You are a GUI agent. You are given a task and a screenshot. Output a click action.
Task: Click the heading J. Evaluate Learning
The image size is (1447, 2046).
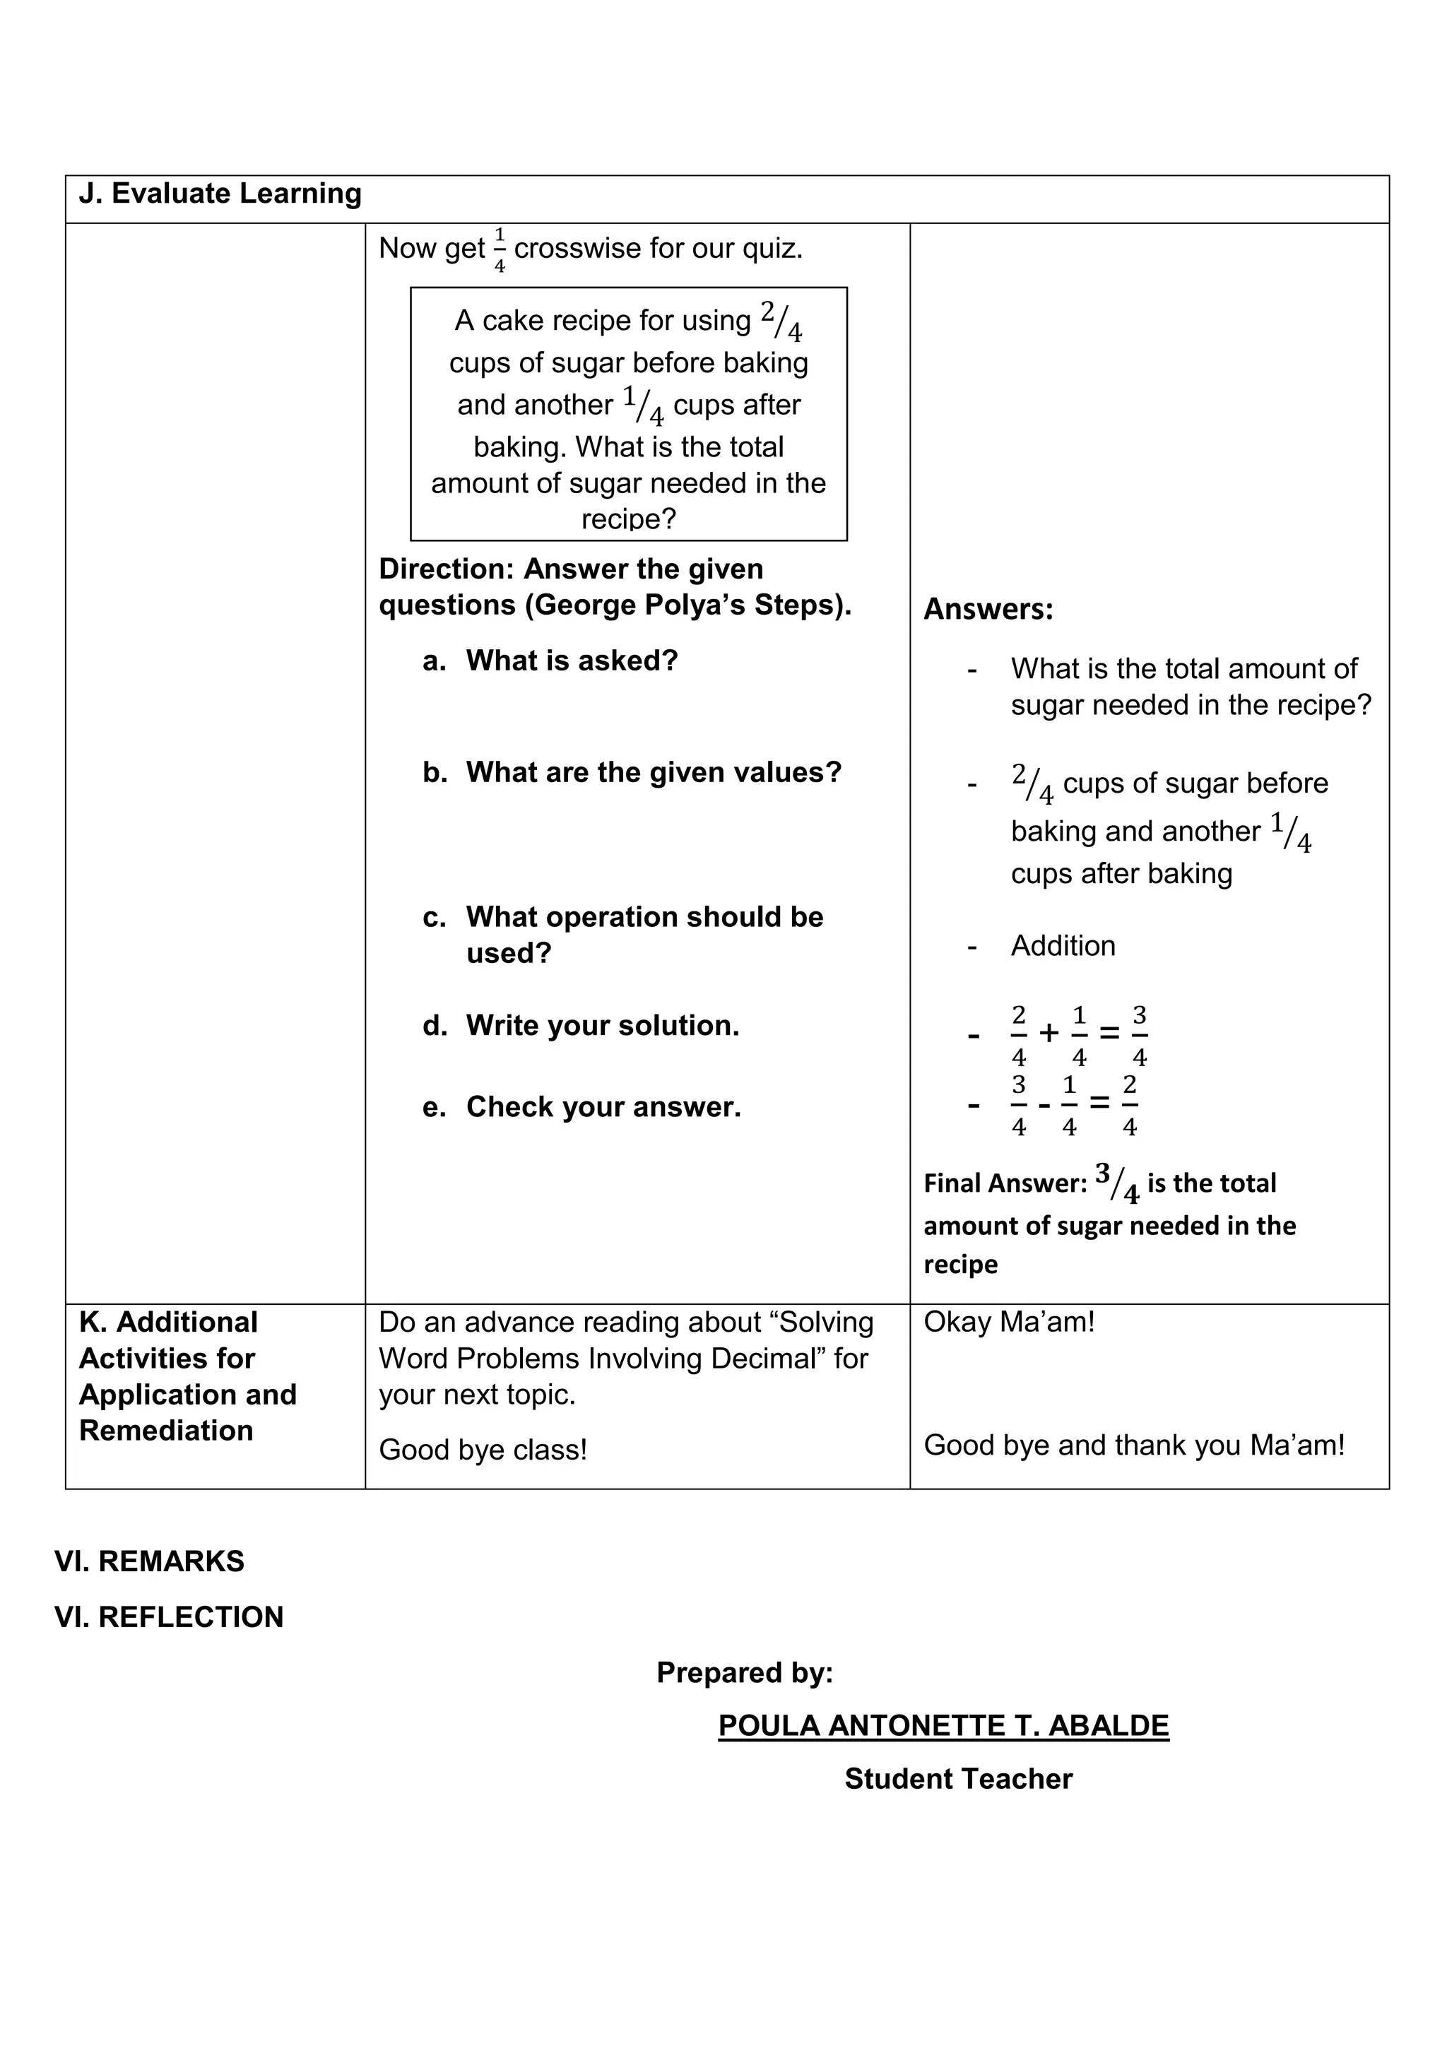[220, 194]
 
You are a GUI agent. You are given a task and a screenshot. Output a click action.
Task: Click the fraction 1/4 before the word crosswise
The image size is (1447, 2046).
[499, 250]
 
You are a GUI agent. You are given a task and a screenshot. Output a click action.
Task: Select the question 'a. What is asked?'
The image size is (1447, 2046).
[550, 661]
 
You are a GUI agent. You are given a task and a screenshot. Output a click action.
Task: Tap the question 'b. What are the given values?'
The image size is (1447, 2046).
[632, 771]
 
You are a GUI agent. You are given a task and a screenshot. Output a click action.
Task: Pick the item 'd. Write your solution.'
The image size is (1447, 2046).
[581, 1026]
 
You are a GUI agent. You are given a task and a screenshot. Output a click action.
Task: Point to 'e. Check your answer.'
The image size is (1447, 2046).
[581, 1107]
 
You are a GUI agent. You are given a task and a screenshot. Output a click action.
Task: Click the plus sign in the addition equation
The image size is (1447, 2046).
[1049, 1034]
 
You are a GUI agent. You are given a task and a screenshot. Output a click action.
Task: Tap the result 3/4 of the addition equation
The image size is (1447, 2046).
[1139, 1036]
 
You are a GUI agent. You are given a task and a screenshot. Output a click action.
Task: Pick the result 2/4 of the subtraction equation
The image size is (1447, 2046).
[1129, 1105]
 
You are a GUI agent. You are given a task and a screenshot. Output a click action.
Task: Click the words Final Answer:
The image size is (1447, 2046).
[1005, 1183]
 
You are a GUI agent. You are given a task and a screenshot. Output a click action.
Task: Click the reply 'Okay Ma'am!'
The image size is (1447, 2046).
[1009, 1323]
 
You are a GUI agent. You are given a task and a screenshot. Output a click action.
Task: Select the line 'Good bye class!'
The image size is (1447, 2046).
[483, 1450]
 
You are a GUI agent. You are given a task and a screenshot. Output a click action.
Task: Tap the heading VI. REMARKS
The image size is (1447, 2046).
[150, 1561]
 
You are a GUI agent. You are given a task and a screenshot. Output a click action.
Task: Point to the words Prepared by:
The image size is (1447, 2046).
[744, 1673]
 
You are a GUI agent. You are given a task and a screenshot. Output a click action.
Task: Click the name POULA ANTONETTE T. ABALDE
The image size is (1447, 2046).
[943, 1726]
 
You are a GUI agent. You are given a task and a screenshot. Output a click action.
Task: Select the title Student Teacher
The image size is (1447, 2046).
[958, 1779]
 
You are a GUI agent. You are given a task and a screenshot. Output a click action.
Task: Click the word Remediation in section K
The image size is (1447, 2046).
[167, 1431]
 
